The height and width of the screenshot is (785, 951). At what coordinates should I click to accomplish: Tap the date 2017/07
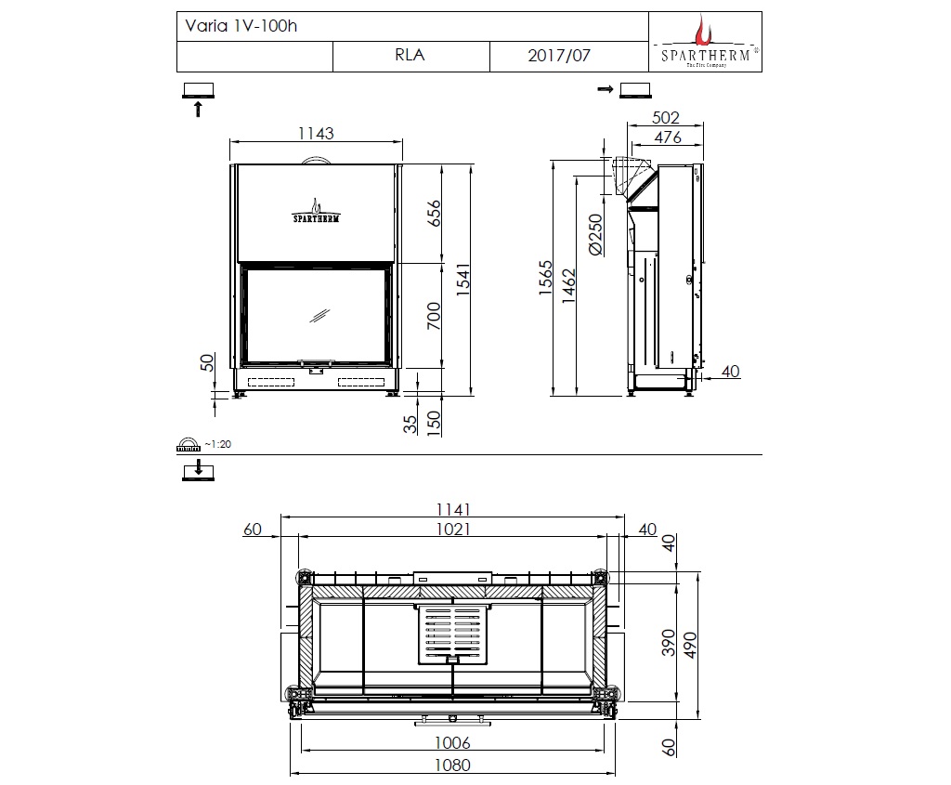pyautogui.click(x=558, y=56)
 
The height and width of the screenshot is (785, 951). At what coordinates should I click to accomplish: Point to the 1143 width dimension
pyautogui.click(x=315, y=134)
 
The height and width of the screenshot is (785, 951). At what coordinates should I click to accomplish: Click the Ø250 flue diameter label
pyautogui.click(x=595, y=236)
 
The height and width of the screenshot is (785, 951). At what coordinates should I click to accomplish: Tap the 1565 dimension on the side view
pyautogui.click(x=546, y=280)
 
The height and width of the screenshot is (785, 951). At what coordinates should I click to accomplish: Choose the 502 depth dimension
pyautogui.click(x=666, y=118)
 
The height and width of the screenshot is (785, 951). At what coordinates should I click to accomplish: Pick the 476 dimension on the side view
pyautogui.click(x=666, y=137)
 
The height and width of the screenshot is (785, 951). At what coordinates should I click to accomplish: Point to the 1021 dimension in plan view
pyautogui.click(x=452, y=529)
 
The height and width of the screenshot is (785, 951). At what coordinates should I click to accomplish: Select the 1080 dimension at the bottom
pyautogui.click(x=453, y=765)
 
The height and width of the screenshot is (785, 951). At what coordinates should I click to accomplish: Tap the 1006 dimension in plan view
pyautogui.click(x=453, y=742)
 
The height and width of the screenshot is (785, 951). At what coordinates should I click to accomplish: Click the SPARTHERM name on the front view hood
pyautogui.click(x=316, y=219)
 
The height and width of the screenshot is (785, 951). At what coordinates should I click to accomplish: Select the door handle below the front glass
pyautogui.click(x=316, y=363)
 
